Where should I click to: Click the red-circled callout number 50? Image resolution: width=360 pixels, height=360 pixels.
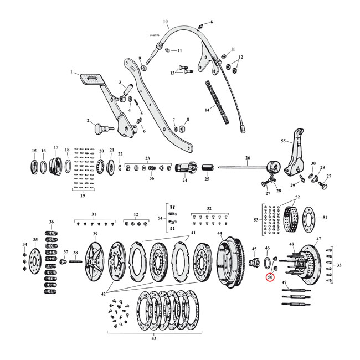pyautogui.click(x=271, y=277)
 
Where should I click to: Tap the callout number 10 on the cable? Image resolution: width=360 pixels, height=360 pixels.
pyautogui.click(x=166, y=23)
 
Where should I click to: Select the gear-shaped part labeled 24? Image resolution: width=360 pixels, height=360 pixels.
pyautogui.click(x=184, y=168)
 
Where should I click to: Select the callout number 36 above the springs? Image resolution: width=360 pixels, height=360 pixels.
pyautogui.click(x=51, y=222)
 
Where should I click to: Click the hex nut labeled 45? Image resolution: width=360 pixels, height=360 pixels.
pyautogui.click(x=255, y=261)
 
